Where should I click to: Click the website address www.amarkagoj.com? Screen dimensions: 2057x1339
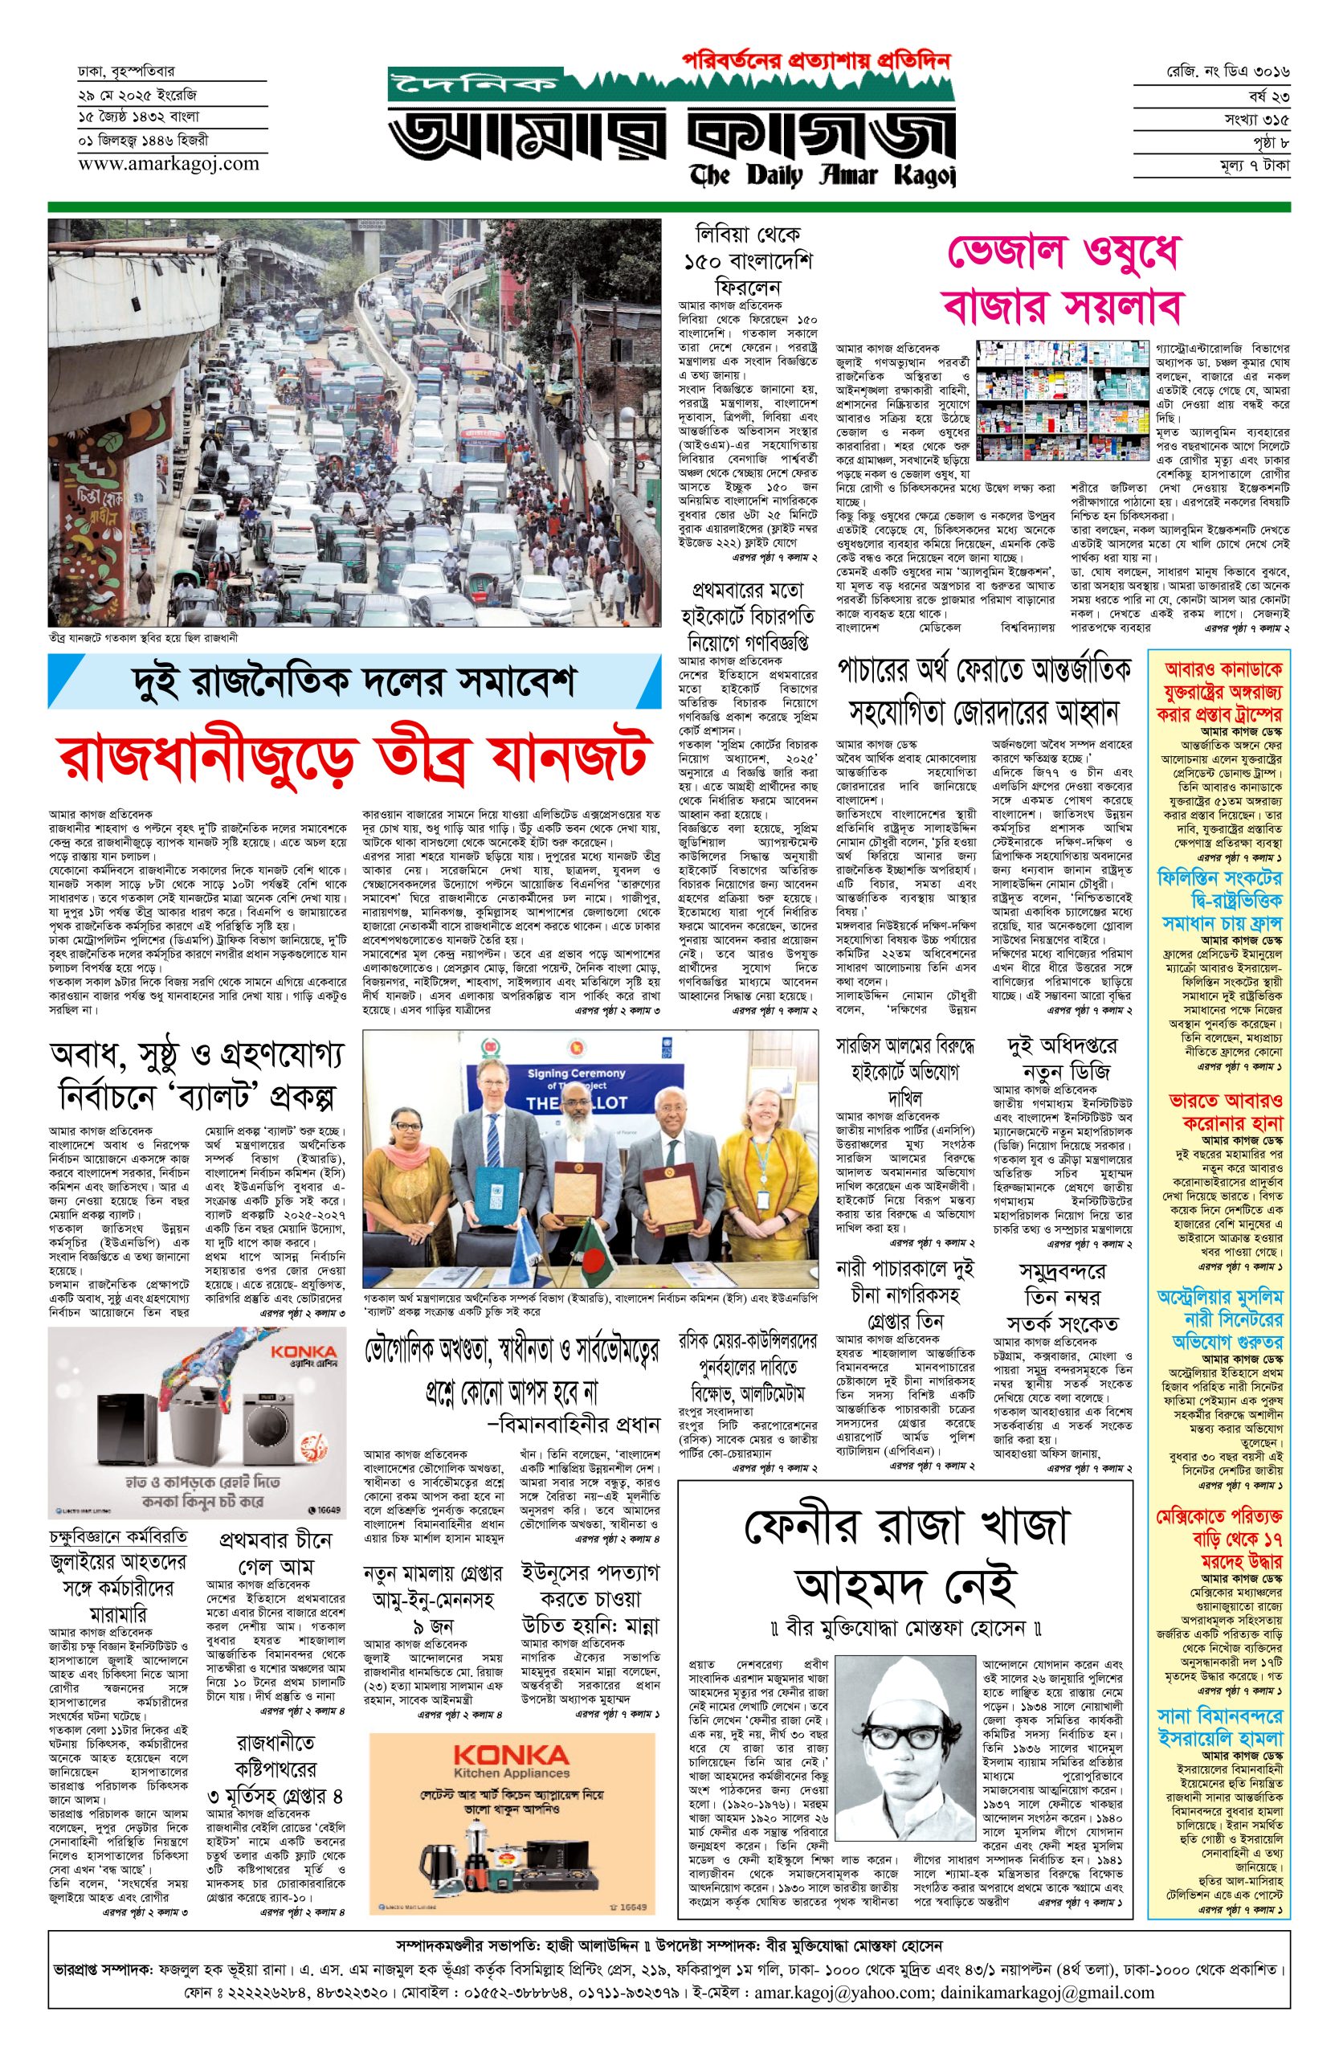[x=168, y=162]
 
